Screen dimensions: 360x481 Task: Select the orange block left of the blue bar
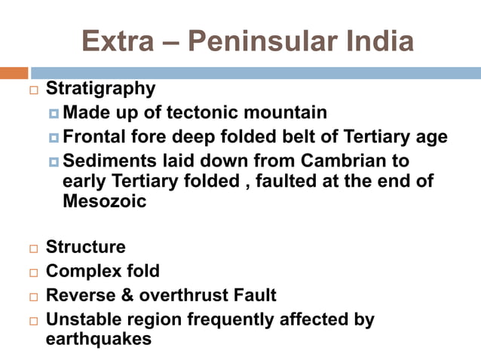(x=14, y=73)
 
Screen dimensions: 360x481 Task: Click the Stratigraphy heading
(x=100, y=89)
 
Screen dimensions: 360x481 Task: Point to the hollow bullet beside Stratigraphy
(x=32, y=90)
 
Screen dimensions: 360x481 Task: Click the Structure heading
(x=85, y=247)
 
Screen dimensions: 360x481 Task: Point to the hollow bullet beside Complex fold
(x=32, y=273)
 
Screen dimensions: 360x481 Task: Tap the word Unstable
(x=82, y=319)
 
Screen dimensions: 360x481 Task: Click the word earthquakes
(x=99, y=339)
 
